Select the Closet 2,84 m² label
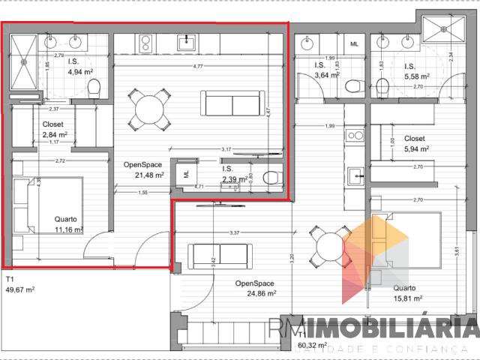(55, 130)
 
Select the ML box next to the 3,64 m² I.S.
(354, 43)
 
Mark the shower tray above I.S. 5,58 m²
(442, 31)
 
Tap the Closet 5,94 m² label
(414, 145)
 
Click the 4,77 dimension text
(198, 67)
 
